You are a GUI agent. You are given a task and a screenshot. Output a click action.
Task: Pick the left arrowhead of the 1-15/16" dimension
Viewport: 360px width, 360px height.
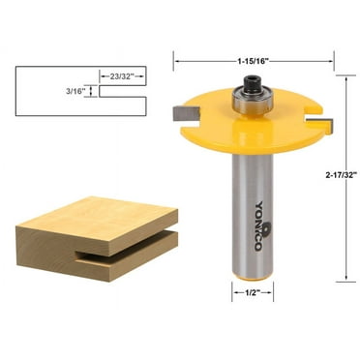pos(176,62)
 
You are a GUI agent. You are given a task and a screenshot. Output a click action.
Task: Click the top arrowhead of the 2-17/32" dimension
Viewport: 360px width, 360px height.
pos(346,78)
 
